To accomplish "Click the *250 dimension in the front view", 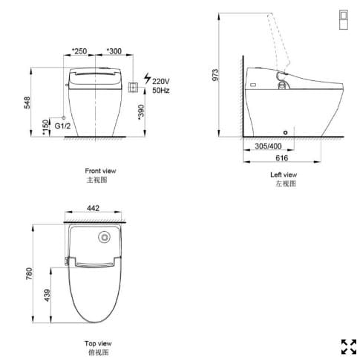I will pos(79,51).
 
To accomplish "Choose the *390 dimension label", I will pos(141,112).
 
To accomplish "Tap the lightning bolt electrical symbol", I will pos(146,78).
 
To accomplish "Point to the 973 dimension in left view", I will pos(216,74).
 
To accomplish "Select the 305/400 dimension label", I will pos(268,146).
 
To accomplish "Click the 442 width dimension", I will pos(93,209).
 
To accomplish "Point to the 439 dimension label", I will pos(48,294).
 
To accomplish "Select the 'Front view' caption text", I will pos(100,172).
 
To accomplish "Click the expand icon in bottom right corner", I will pos(347,345).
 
